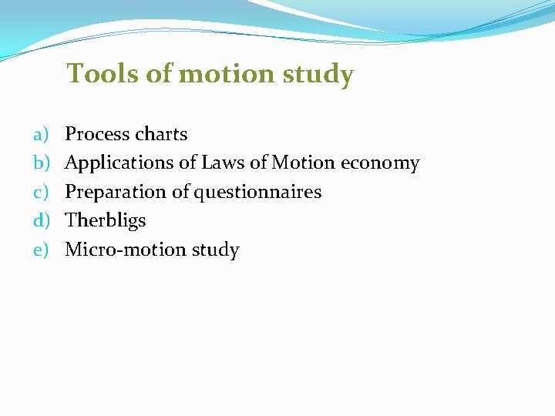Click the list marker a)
41,135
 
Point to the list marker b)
41,163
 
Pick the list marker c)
41,192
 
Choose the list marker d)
41,221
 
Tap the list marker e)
41,250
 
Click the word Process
96,134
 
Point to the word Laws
223,163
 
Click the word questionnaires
257,193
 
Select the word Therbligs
106,221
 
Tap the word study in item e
214,250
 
